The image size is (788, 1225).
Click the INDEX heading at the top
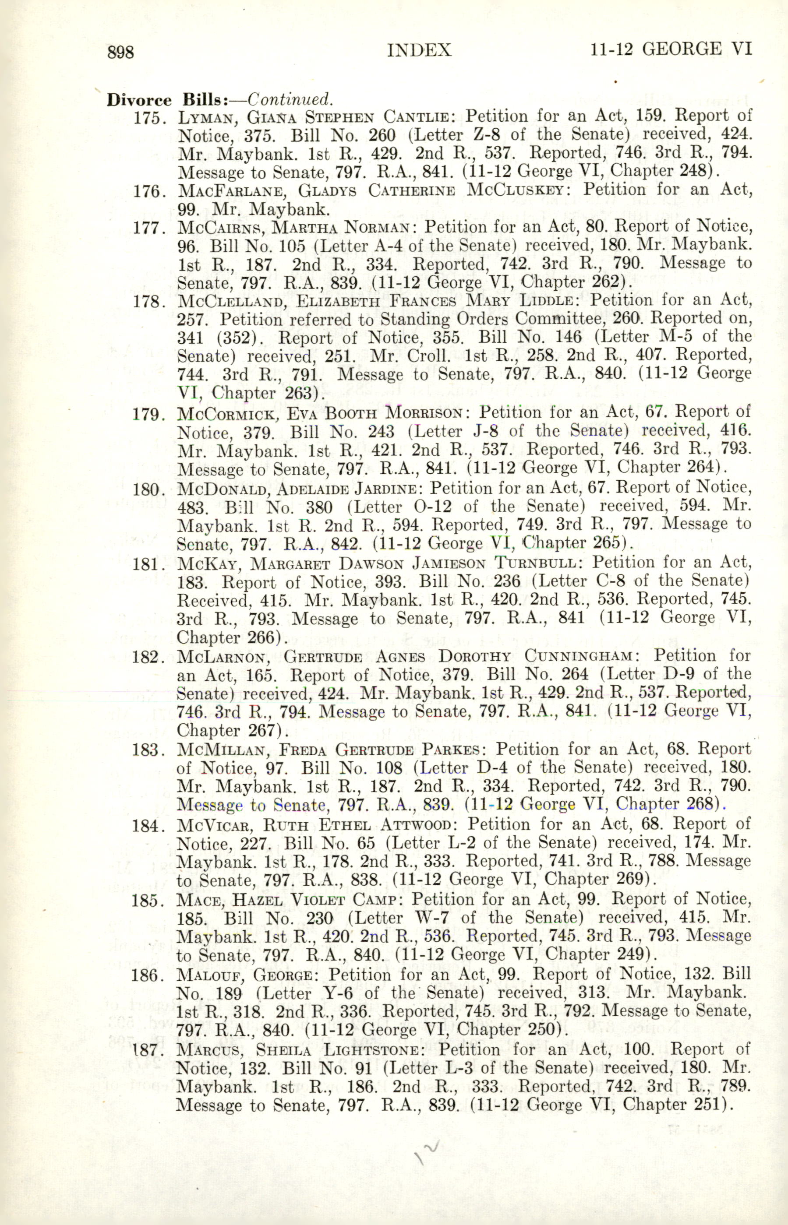(x=420, y=50)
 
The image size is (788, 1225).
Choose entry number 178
(x=148, y=302)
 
